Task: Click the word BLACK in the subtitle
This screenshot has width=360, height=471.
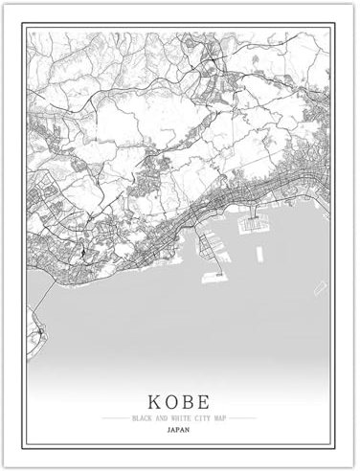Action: tap(145, 418)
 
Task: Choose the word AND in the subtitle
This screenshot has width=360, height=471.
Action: tap(162, 418)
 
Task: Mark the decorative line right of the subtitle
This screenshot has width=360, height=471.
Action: tap(243, 418)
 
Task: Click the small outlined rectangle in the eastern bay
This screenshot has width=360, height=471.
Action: tap(321, 288)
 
